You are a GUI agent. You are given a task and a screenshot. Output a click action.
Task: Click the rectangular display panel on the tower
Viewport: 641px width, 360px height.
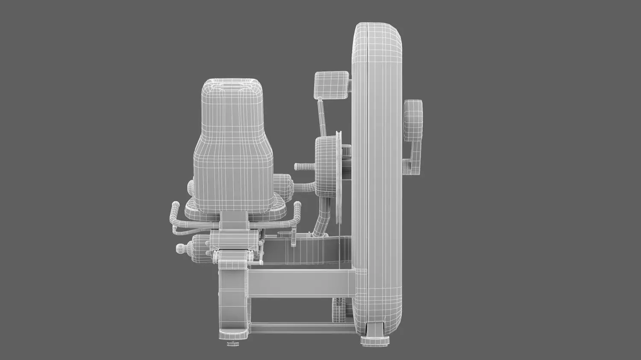332,85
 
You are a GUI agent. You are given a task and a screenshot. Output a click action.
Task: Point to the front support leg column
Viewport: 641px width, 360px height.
233,299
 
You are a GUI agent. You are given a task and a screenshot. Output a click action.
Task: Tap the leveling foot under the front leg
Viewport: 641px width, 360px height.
233,342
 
